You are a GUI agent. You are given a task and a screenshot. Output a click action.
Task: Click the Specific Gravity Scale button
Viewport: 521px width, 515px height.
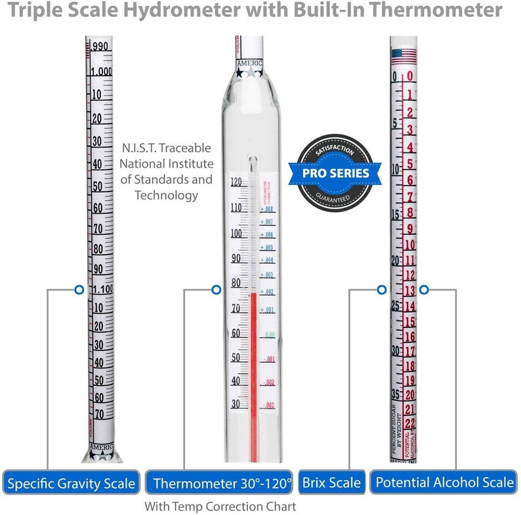point(72,484)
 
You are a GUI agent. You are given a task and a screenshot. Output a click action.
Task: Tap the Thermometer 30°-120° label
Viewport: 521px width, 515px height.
point(222,484)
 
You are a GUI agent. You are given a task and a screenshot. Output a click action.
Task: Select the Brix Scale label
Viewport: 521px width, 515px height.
point(331,484)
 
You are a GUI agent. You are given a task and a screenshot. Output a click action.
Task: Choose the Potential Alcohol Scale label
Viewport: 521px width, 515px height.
point(444,484)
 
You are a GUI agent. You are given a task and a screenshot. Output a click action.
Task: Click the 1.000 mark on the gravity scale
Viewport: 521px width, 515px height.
point(100,71)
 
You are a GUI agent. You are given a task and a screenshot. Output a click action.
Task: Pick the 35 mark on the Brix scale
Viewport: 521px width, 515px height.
point(396,394)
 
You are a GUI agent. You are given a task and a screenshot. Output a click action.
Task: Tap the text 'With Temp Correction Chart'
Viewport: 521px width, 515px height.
point(220,506)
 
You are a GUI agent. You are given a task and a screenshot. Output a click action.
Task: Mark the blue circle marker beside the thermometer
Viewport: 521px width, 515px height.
point(216,289)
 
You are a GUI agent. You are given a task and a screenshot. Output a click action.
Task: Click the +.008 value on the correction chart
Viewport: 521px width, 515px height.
point(266,209)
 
